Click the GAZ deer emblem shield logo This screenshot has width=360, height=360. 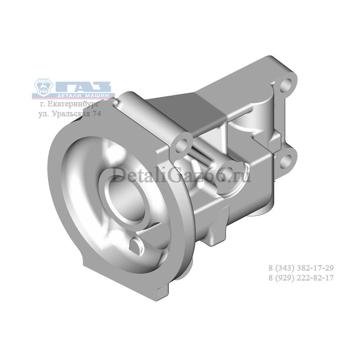[43, 88]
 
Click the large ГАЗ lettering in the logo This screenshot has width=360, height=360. [83, 87]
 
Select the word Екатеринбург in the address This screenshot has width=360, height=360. [73, 104]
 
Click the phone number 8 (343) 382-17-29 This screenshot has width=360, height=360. [301, 268]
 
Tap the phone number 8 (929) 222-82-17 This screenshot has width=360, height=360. [301, 278]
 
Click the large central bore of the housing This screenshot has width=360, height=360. [128, 200]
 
